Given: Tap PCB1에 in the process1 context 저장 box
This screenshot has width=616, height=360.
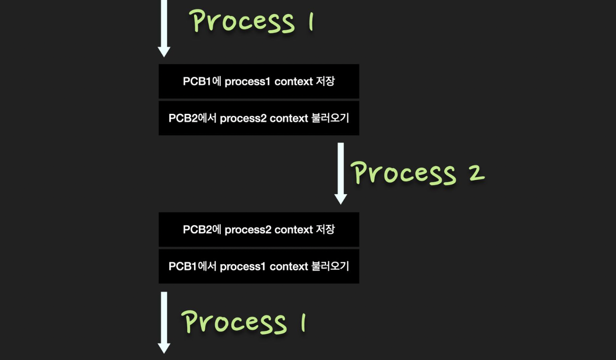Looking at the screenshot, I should (202, 81).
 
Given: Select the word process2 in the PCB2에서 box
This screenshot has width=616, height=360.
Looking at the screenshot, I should (243, 118).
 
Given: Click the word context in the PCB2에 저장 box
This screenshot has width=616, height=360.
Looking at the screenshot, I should (293, 230).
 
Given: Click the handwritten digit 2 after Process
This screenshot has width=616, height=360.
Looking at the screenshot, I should (477, 173).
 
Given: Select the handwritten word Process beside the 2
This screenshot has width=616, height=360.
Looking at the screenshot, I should (403, 173).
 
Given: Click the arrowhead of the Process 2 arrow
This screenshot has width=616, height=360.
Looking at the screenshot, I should (341, 198).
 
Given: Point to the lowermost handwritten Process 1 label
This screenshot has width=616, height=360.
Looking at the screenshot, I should (244, 322).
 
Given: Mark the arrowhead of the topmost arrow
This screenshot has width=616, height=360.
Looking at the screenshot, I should (164, 52).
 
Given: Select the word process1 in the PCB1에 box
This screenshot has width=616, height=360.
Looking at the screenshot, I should (247, 81).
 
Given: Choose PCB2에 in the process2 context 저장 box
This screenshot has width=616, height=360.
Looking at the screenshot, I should (202, 230).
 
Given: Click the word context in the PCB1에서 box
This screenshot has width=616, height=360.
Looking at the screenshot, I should (289, 267).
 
